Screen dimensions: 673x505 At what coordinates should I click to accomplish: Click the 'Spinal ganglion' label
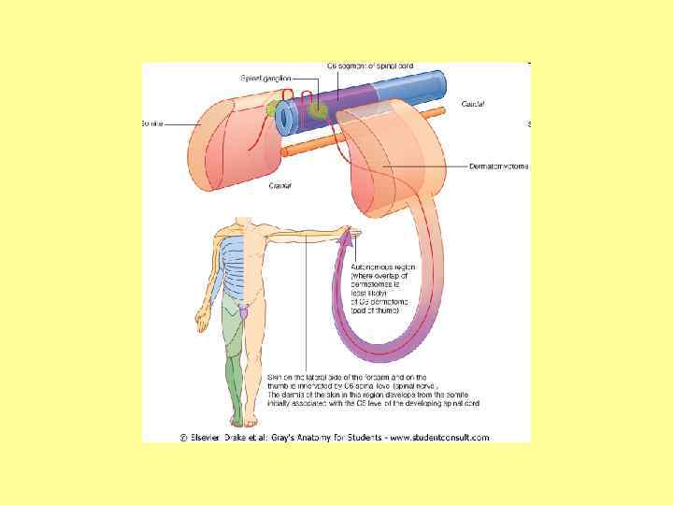265,78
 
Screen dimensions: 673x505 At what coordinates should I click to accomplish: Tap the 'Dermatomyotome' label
498,166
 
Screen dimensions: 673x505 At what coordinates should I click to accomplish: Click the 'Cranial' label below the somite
280,186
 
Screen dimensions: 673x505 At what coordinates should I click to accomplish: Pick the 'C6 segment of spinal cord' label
370,66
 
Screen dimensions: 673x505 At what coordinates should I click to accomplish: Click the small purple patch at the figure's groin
244,310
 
